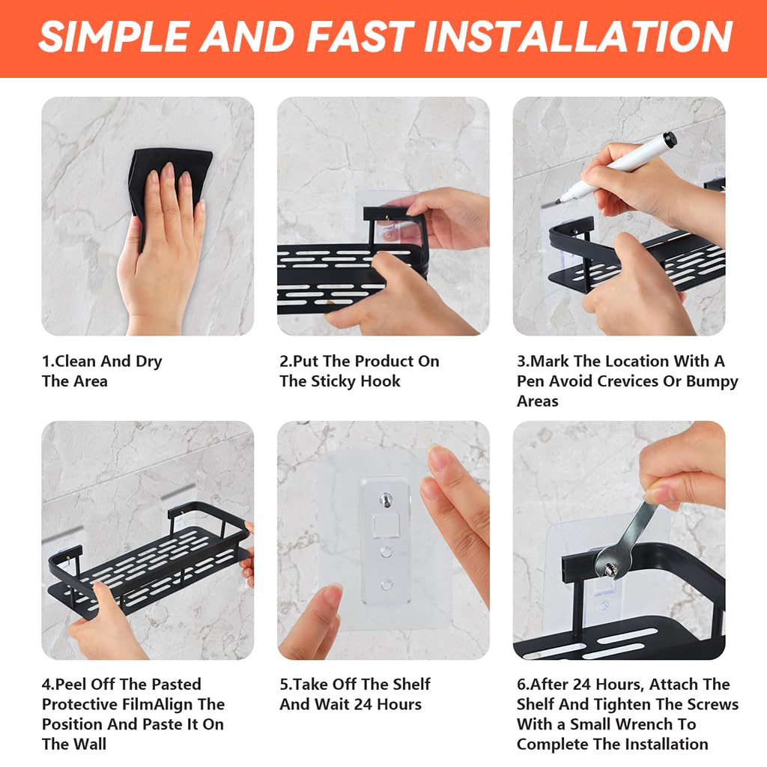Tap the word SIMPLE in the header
pos(112,36)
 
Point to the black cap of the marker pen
pos(669,140)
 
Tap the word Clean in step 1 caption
pos(76,361)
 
